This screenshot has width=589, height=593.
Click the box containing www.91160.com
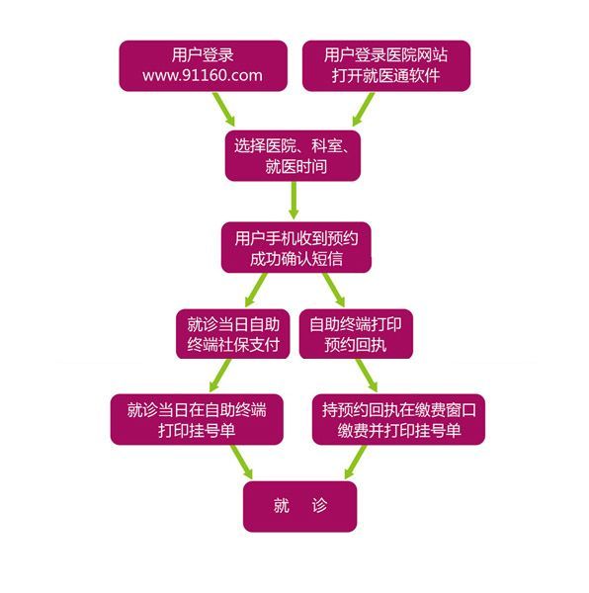[203, 65]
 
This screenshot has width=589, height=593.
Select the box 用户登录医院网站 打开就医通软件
[385, 65]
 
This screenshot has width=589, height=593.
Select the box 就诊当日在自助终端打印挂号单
[196, 420]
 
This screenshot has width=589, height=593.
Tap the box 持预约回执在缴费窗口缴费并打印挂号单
[400, 420]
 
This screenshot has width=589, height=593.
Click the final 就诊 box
[299, 505]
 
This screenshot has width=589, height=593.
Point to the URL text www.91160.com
[203, 76]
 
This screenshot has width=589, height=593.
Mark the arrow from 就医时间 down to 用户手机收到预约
[294, 201]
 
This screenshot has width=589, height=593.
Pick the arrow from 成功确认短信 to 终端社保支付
[256, 288]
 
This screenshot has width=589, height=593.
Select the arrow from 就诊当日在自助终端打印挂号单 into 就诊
[241, 462]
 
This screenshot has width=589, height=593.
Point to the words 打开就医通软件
[385, 76]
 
